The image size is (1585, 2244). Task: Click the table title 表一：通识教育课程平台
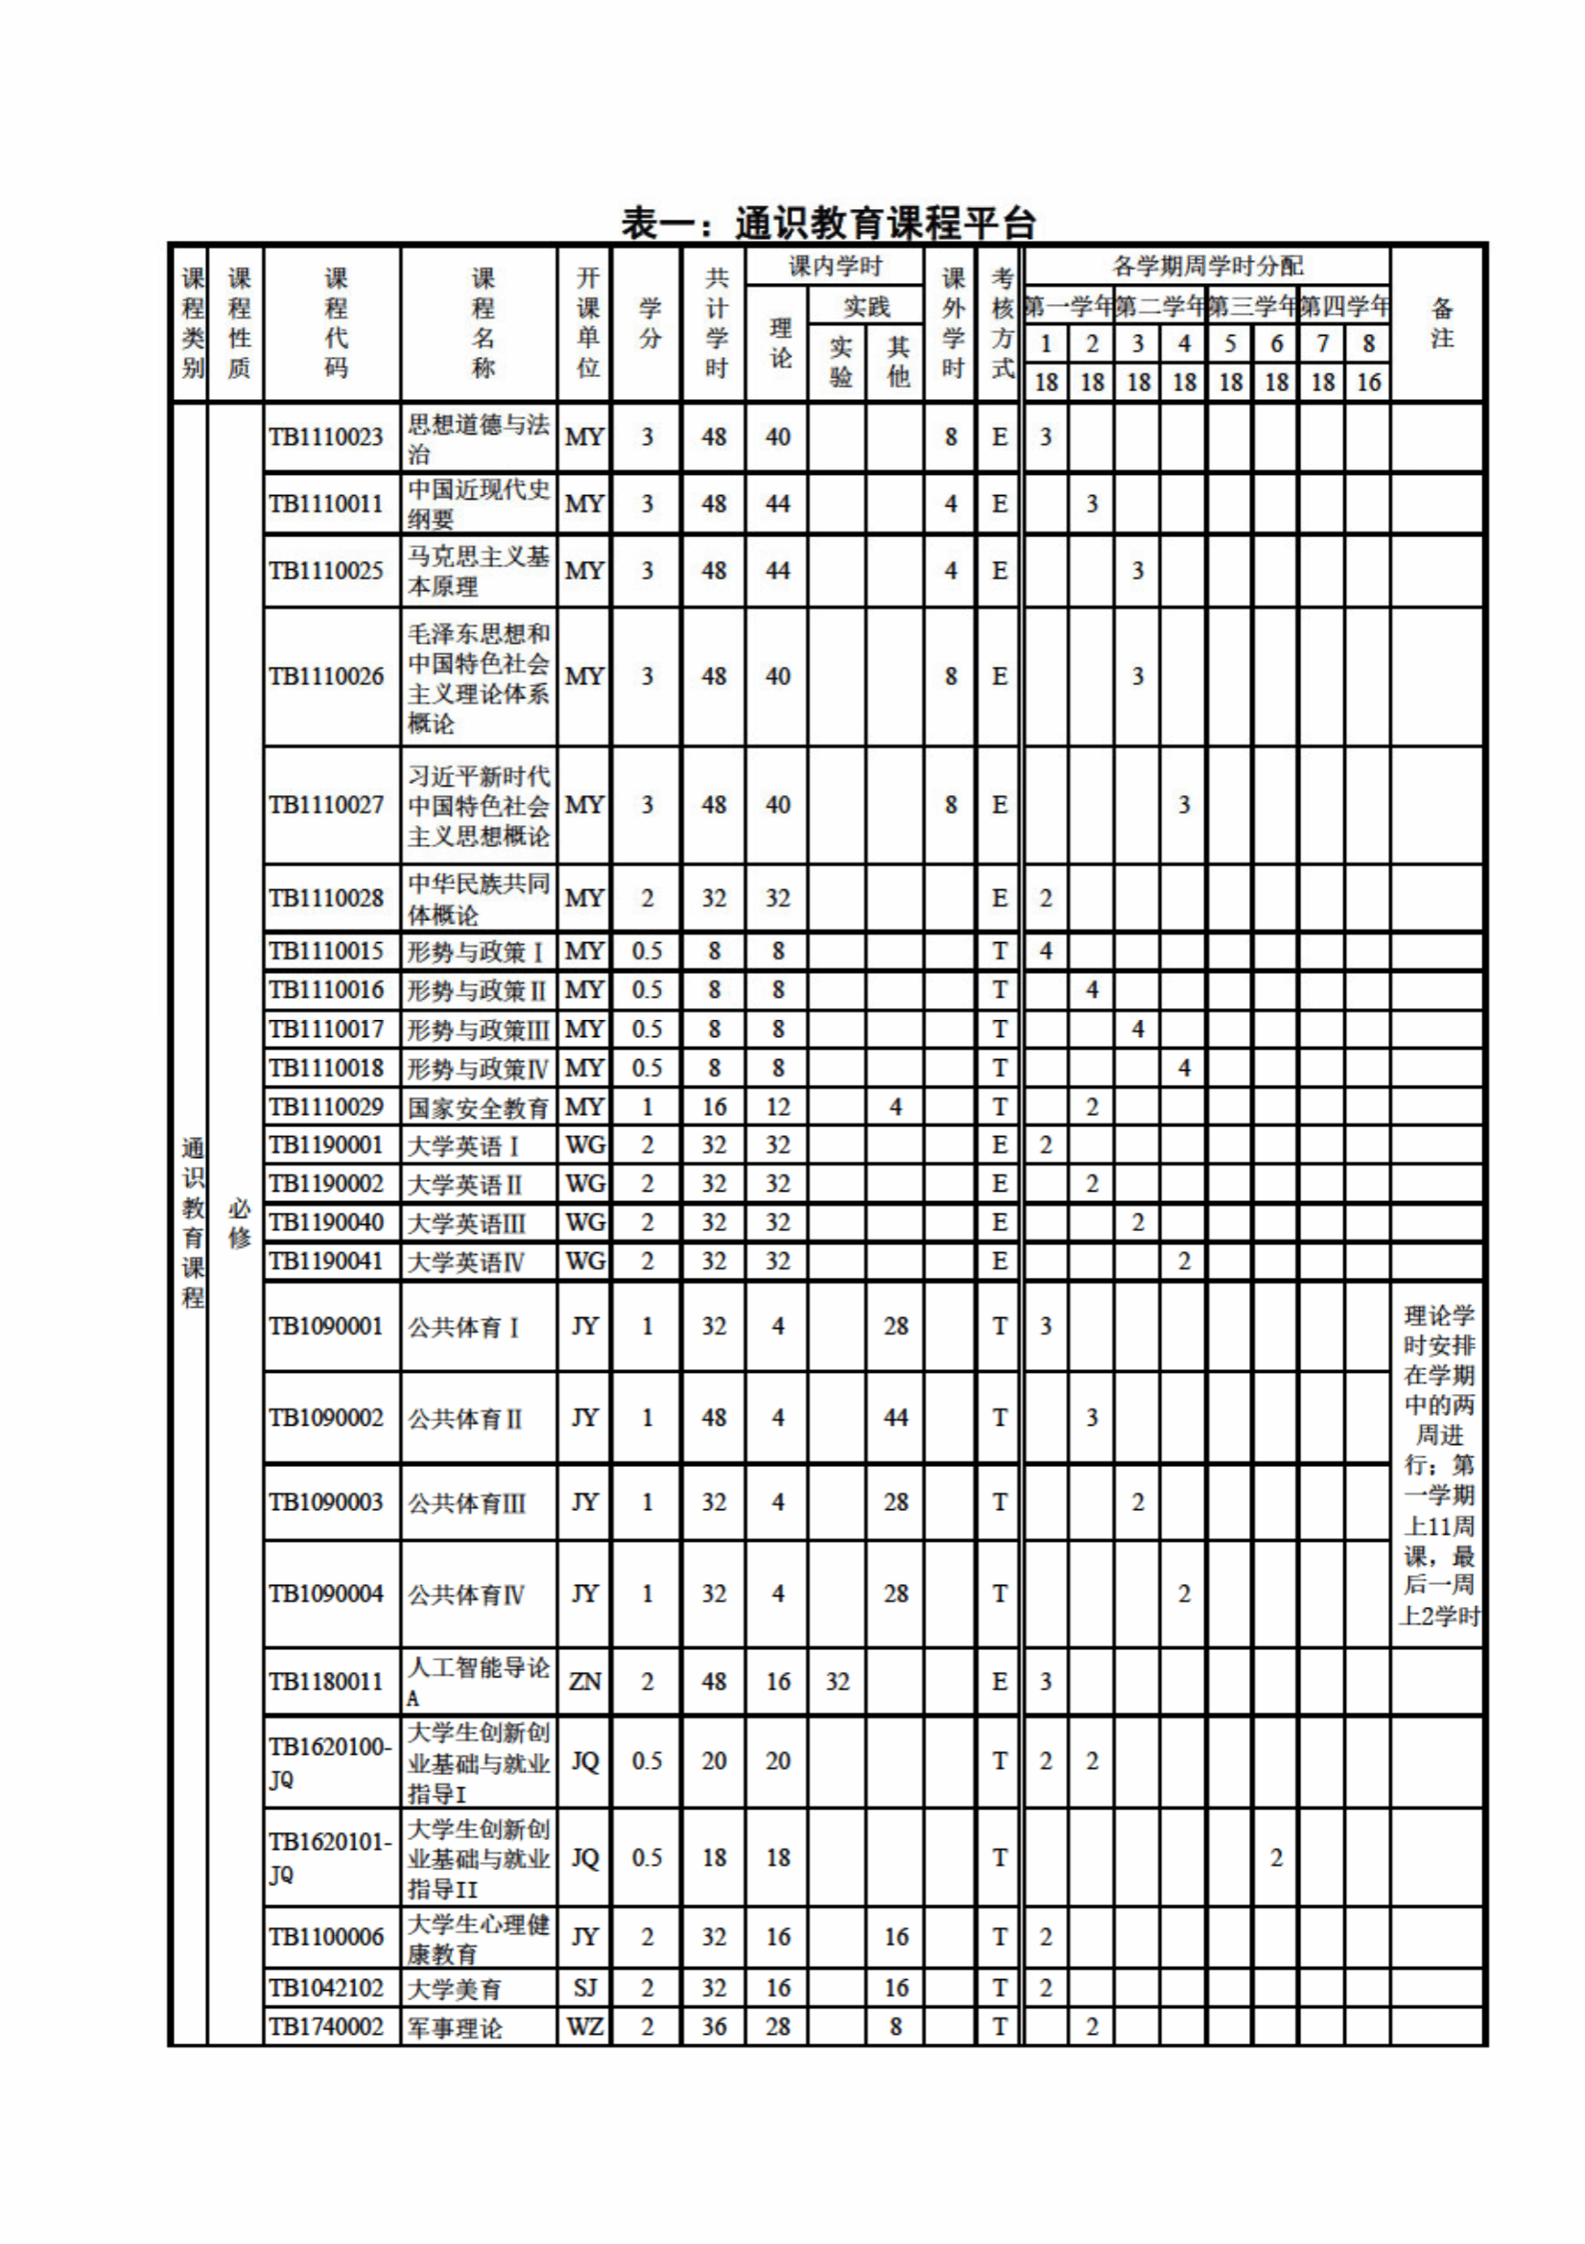tap(828, 224)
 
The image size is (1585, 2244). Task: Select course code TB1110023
tap(326, 437)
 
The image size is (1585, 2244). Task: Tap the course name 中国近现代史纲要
tap(478, 504)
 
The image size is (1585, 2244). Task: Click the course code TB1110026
tap(326, 676)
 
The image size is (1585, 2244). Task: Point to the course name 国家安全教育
tap(478, 1107)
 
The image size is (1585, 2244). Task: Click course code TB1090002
tap(326, 1417)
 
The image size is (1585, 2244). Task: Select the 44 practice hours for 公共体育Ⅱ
tap(895, 1417)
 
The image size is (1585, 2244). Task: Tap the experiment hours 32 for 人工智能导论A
tap(838, 1681)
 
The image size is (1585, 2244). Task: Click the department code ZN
tap(584, 1681)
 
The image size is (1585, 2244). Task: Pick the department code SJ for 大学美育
tap(584, 1988)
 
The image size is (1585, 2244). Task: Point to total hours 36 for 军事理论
tap(714, 2027)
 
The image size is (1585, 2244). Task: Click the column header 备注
tap(1441, 323)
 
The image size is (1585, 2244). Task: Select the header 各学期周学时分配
tap(1207, 266)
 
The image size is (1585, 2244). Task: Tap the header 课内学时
tap(836, 266)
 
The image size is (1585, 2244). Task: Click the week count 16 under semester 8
tap(1368, 382)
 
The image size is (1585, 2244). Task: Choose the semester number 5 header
tap(1230, 344)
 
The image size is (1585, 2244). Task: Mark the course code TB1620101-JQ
tap(329, 1858)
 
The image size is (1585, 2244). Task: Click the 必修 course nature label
tap(239, 1223)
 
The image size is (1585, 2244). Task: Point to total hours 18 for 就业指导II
tap(714, 1858)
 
